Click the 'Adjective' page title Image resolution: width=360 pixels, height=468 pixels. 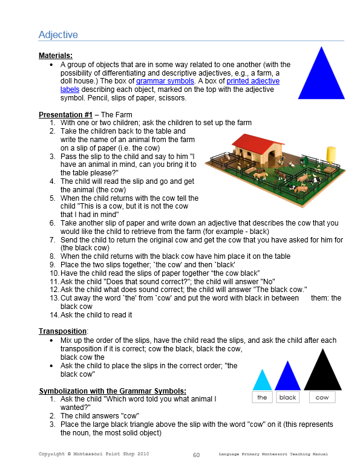58,34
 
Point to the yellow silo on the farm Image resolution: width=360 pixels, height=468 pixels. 330,155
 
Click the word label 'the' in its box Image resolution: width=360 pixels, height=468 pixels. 262,397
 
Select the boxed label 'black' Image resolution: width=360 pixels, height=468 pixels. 288,397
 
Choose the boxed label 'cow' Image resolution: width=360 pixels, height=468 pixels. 322,397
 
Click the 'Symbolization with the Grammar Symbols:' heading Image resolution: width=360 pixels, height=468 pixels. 113,391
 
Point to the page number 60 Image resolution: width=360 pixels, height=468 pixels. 196,455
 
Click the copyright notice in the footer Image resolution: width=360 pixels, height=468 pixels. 94,453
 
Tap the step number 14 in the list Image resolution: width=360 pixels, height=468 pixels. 53,315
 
